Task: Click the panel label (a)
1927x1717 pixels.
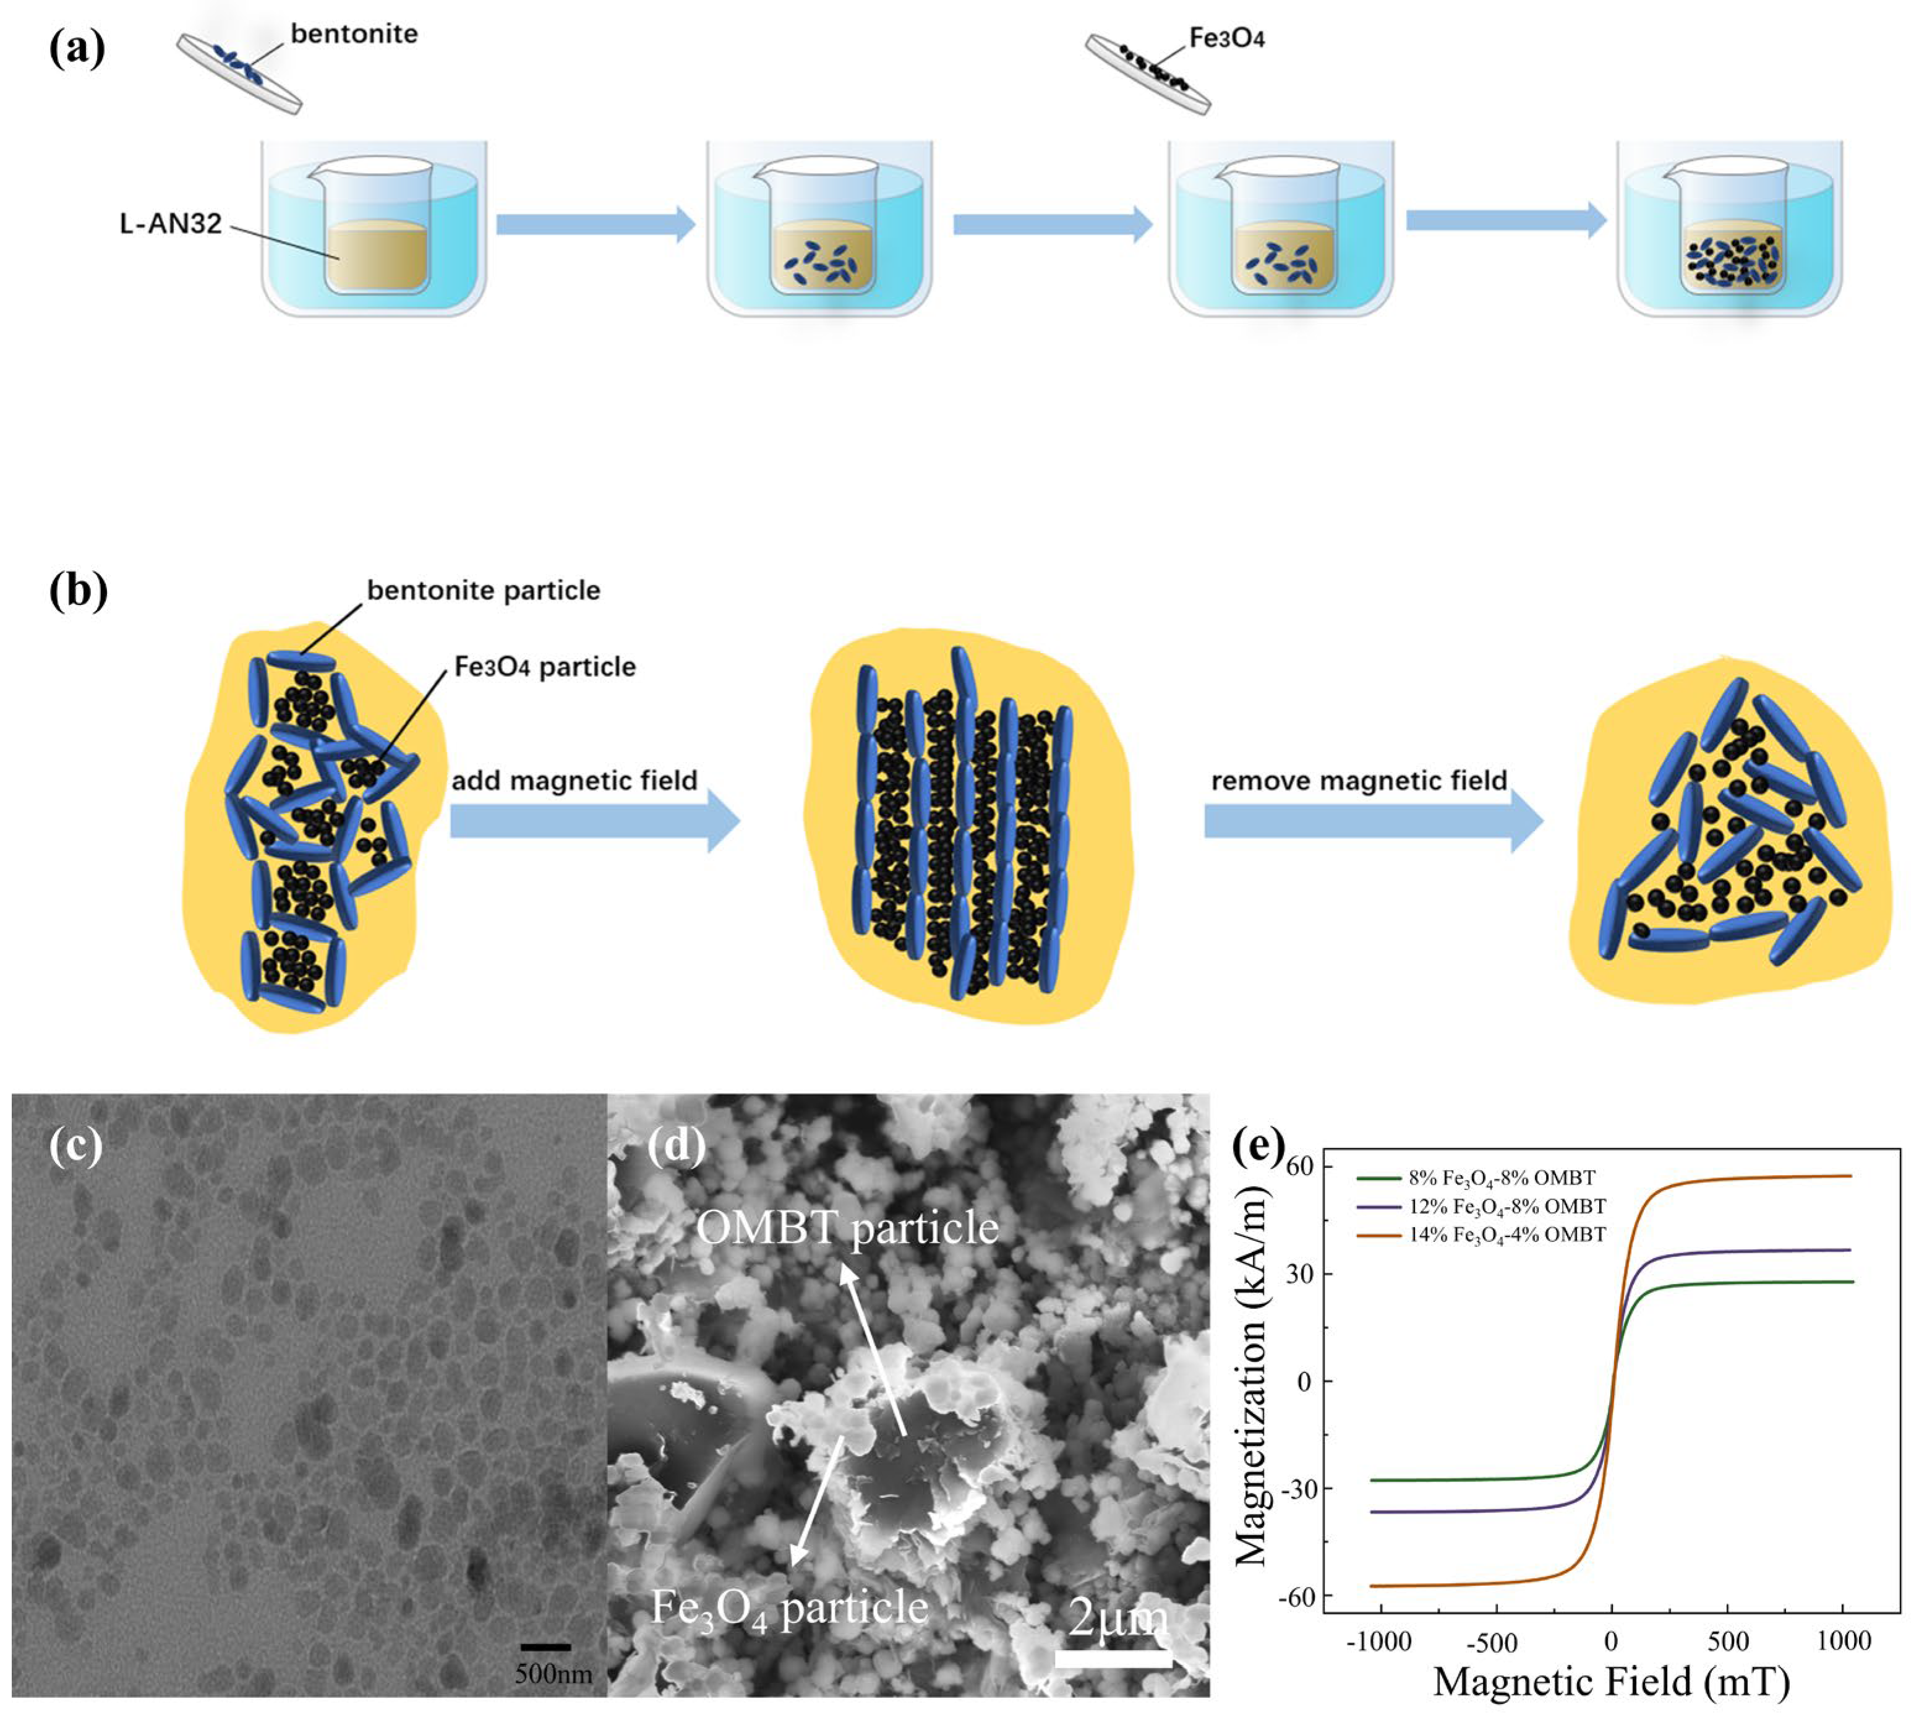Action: (77, 49)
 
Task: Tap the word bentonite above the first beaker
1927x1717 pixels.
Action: (354, 34)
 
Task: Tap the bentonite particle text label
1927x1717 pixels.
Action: (483, 591)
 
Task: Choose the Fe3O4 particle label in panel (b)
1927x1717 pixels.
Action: (544, 667)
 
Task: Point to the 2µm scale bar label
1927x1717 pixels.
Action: (1117, 1619)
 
